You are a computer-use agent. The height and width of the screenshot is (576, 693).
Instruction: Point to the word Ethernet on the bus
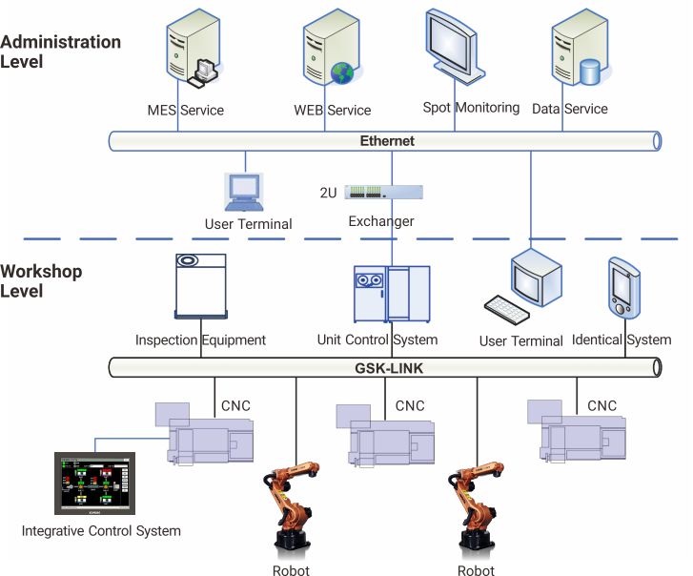pyautogui.click(x=387, y=141)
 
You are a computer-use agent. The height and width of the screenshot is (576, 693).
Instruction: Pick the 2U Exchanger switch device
pyautogui.click(x=383, y=192)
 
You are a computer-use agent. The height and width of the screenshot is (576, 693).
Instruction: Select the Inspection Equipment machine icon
pyautogui.click(x=201, y=285)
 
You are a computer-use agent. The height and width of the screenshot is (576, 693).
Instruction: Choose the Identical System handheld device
pyautogui.click(x=622, y=287)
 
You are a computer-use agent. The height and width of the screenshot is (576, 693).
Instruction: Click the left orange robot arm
pyautogui.click(x=292, y=506)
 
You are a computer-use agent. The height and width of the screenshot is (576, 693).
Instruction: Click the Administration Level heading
pyautogui.click(x=61, y=51)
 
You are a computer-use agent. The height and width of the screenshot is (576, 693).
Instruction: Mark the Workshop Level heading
pyautogui.click(x=41, y=280)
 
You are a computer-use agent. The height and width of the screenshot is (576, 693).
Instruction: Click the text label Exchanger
pyautogui.click(x=379, y=221)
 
